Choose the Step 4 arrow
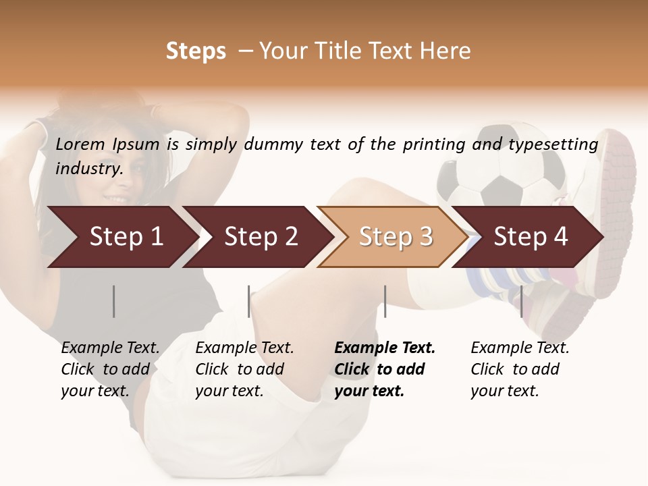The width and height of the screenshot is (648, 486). click(x=529, y=237)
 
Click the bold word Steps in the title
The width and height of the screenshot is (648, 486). click(x=196, y=51)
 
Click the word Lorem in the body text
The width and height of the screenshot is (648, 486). click(x=80, y=144)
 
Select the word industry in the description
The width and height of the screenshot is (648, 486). click(x=88, y=169)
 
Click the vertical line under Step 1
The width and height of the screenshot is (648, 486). click(x=114, y=301)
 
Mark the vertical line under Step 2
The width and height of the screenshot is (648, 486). click(x=249, y=301)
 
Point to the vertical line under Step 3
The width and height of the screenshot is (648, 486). click(x=385, y=301)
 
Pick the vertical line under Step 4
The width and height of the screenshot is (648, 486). click(x=521, y=301)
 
